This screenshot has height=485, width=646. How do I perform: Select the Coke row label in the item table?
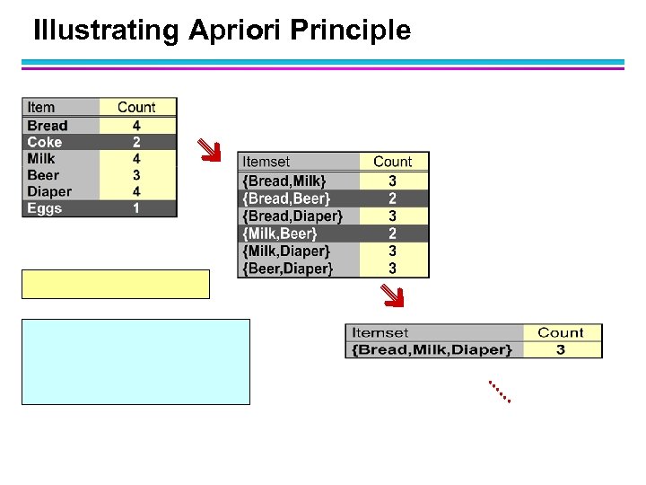[45, 142]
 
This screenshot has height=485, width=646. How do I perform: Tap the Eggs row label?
[45, 208]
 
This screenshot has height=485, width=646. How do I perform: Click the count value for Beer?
[136, 175]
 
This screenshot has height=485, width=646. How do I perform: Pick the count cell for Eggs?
[136, 208]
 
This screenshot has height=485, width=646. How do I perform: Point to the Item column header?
[41, 108]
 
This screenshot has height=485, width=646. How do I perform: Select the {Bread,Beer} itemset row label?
[286, 198]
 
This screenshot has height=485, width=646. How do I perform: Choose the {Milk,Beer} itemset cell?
[281, 234]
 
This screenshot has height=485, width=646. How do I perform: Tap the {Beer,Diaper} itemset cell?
[288, 269]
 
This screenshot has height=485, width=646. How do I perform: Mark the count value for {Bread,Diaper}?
[393, 216]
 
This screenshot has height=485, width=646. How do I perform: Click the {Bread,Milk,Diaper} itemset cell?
[432, 349]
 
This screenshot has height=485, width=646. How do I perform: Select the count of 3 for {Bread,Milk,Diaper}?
[561, 349]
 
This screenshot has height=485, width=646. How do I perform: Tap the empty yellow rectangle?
[116, 284]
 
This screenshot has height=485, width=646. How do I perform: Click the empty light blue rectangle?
[135, 361]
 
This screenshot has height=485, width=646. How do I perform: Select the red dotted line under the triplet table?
[500, 391]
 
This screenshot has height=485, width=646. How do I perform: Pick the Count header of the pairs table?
[393, 162]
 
